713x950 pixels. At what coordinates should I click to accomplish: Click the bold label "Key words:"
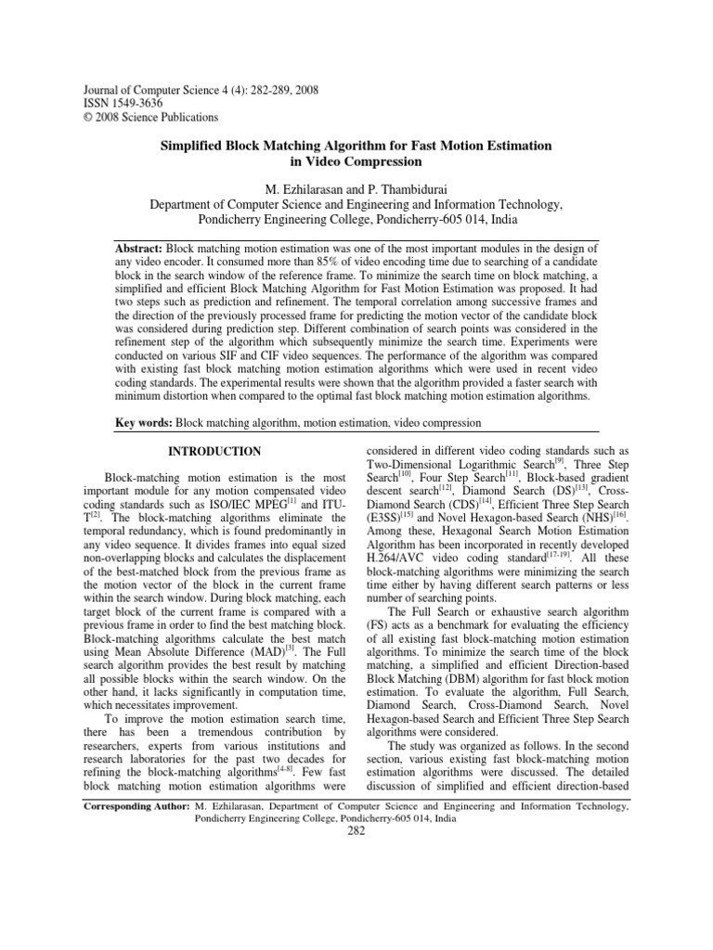click(x=144, y=423)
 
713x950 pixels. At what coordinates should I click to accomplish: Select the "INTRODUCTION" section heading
click(x=214, y=452)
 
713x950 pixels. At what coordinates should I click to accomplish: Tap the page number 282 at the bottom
click(x=356, y=831)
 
